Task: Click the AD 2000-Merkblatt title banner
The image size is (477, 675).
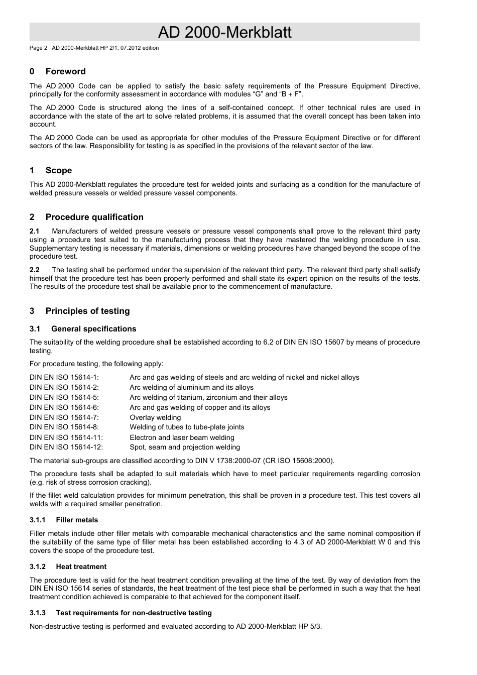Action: (224, 33)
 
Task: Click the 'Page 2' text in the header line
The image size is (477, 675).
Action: (38, 48)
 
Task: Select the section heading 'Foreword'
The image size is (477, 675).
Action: (65, 72)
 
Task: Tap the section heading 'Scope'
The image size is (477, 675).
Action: (58, 171)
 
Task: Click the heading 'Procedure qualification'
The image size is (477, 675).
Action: (94, 217)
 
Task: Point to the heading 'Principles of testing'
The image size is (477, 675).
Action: (87, 311)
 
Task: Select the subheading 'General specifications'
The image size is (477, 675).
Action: (93, 329)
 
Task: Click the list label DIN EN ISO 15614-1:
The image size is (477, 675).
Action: (64, 378)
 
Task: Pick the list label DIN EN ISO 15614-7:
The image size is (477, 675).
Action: (64, 418)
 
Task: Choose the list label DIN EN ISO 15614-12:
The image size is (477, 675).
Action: (66, 447)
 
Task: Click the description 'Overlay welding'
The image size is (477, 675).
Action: (155, 418)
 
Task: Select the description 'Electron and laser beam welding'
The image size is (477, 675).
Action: (182, 438)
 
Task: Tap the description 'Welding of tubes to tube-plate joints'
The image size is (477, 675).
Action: (187, 427)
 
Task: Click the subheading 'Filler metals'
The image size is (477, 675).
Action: (77, 520)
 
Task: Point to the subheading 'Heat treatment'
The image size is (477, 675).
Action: (81, 567)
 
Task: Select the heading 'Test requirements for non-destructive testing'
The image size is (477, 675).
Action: (134, 613)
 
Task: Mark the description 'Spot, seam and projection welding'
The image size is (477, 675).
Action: (185, 447)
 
